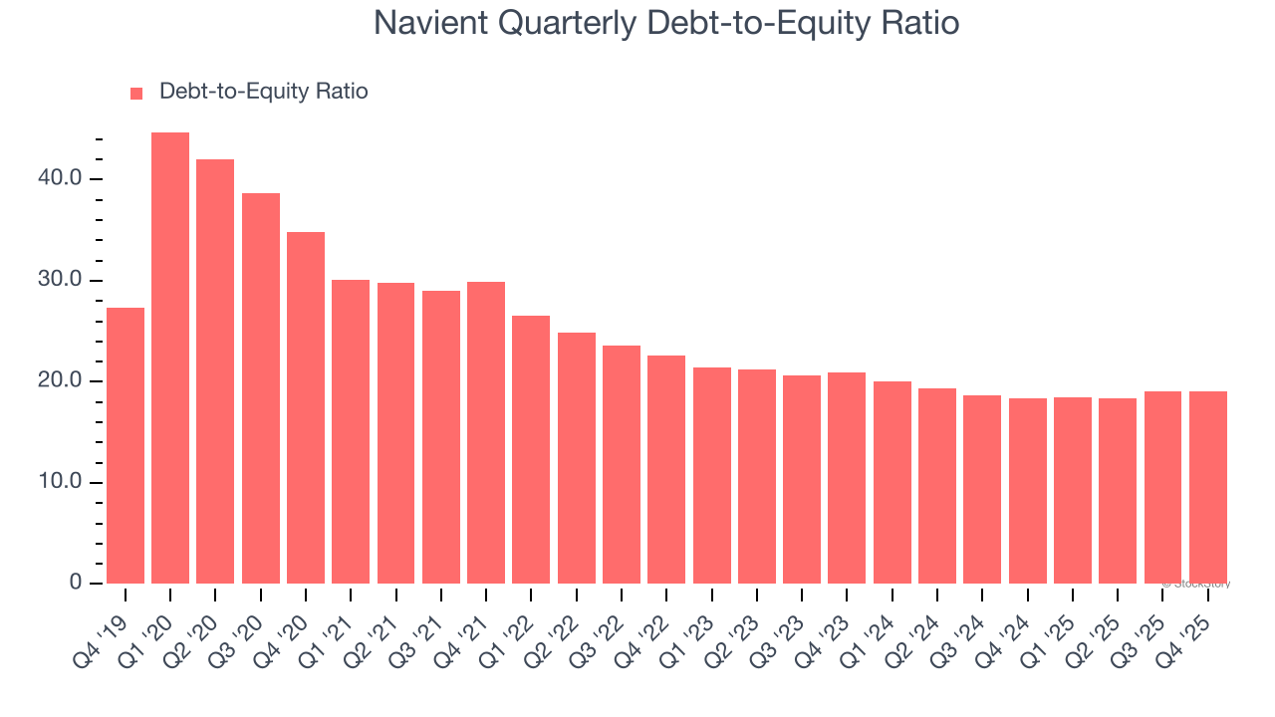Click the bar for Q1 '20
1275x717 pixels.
coord(170,358)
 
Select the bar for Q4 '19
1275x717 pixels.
coord(126,445)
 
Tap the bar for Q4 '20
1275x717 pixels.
coord(306,407)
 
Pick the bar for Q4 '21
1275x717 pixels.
coord(486,432)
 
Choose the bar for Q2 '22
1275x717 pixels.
coord(577,457)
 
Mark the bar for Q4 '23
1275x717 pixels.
coord(847,477)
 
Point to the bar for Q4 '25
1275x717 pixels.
coord(1207,487)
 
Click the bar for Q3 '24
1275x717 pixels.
coord(982,489)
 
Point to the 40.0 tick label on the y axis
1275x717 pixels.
coord(63,179)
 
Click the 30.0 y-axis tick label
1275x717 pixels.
coord(63,281)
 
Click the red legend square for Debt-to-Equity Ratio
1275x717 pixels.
coord(136,94)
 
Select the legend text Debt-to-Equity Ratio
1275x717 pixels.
coord(263,92)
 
